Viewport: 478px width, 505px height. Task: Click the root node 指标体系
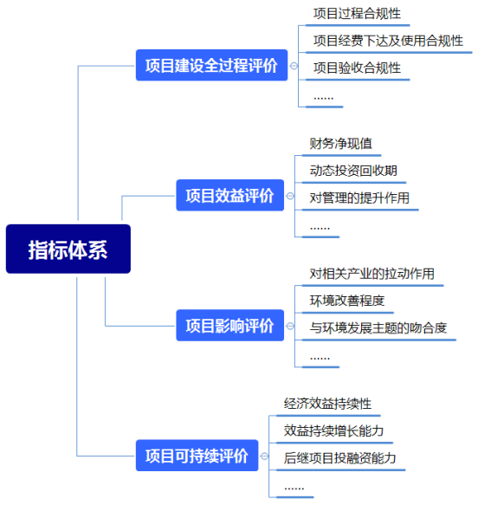68,249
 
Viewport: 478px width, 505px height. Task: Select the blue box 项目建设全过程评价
211,65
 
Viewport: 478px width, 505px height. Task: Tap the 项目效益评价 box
229,195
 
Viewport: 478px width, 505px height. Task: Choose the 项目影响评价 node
229,326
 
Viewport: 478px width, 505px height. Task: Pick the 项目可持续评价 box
197,456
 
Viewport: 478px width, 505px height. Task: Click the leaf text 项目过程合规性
357,14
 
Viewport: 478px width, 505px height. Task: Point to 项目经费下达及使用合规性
388,41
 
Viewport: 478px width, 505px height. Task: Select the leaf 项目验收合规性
357,68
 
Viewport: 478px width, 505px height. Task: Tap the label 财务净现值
341,144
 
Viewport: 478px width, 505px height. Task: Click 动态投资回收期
353,171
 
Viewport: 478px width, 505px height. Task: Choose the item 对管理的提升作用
359,197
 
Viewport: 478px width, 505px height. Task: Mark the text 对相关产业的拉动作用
372,274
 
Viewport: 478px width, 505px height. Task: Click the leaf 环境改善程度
347,301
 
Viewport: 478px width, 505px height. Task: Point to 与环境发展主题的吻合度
378,328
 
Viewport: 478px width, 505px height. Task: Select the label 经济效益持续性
327,404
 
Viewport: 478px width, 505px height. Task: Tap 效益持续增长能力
333,431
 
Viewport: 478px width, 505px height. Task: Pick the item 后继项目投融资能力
340,458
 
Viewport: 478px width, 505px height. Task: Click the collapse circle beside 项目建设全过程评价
294,66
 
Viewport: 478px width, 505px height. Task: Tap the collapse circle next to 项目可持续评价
264,456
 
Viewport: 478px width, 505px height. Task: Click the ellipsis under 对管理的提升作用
320,229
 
